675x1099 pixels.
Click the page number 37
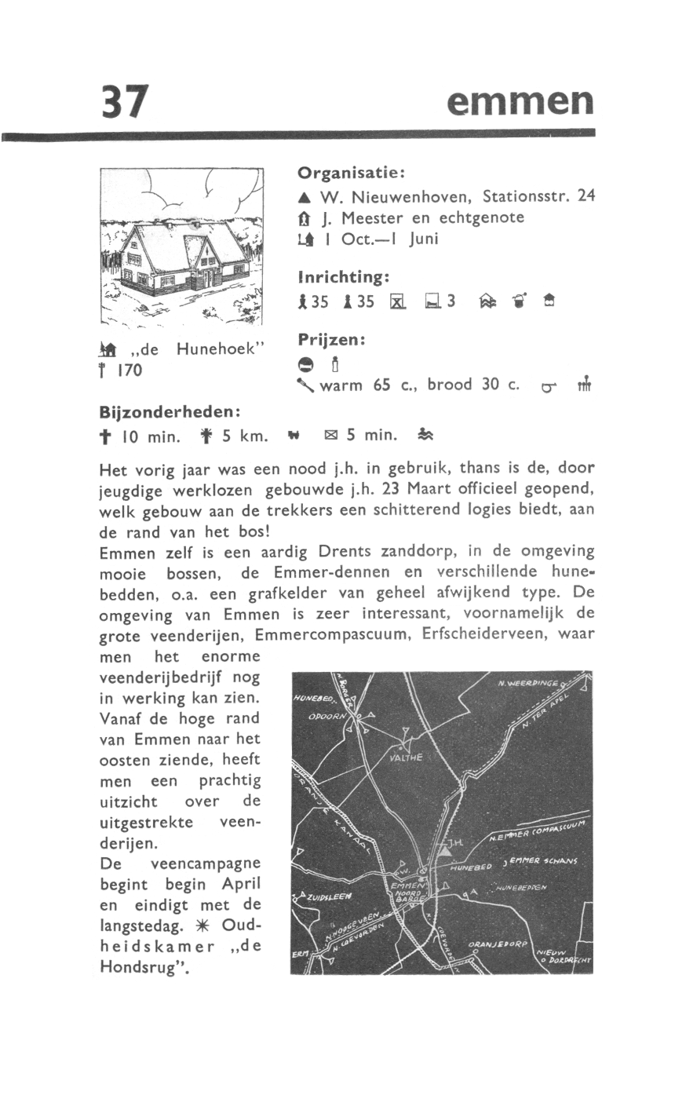click(x=124, y=101)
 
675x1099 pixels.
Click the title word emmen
click(x=519, y=102)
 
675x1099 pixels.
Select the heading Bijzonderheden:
click(x=170, y=411)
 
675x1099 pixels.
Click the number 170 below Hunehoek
click(x=129, y=370)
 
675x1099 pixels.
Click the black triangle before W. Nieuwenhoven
click(x=302, y=197)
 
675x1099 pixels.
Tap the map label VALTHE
click(x=406, y=758)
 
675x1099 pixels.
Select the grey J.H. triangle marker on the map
click(x=444, y=849)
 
